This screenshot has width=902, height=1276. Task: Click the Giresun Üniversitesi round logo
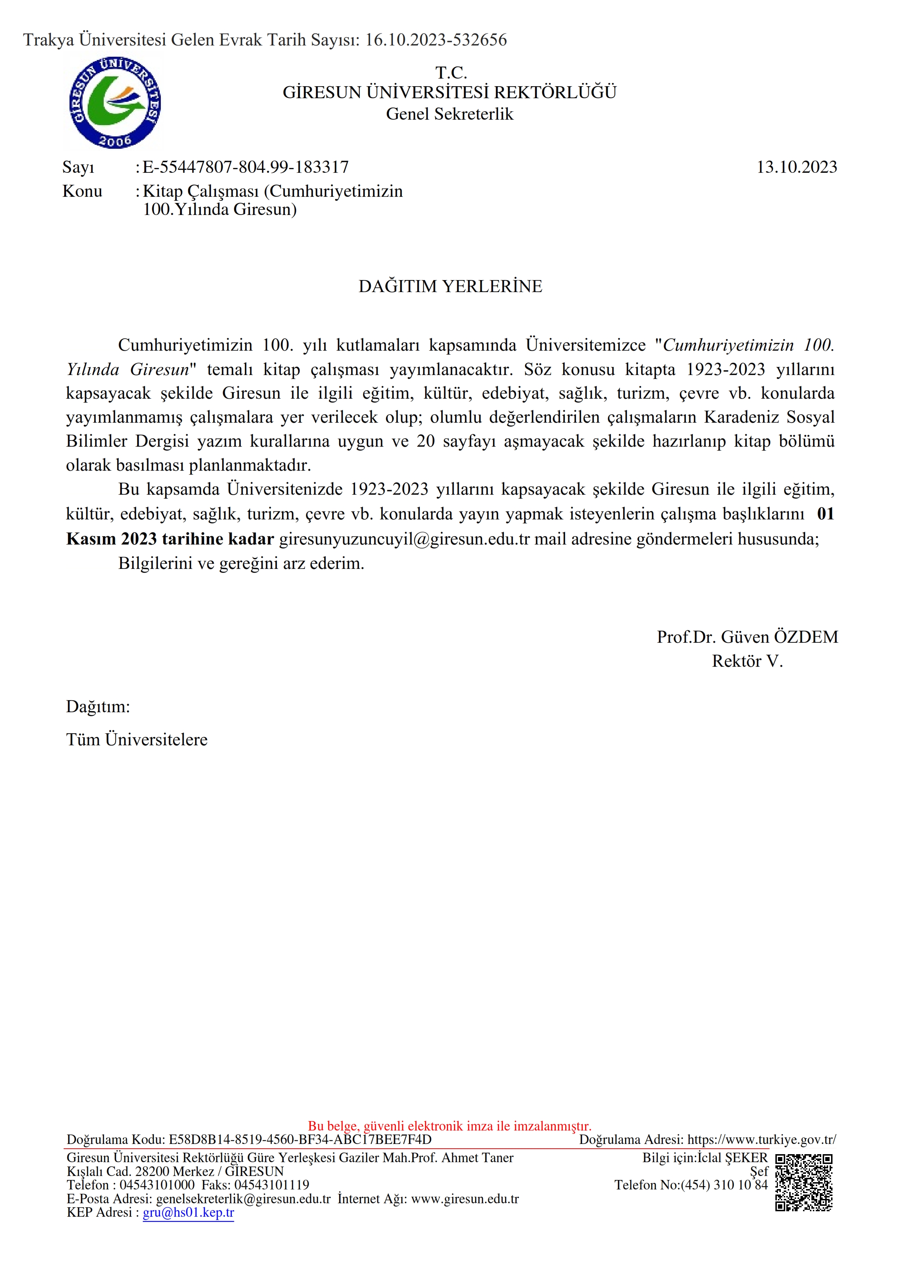[115, 103]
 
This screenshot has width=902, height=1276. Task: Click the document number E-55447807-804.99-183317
[246, 167]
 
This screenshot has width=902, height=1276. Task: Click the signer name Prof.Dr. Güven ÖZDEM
[747, 637]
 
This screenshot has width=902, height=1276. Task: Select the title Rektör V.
[747, 661]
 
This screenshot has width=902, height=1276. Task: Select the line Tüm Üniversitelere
[137, 740]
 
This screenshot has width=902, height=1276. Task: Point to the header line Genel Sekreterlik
[450, 114]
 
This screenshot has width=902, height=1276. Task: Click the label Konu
[82, 191]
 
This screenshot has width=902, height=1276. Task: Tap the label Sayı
[78, 167]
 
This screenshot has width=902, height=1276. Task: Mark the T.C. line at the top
[451, 73]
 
